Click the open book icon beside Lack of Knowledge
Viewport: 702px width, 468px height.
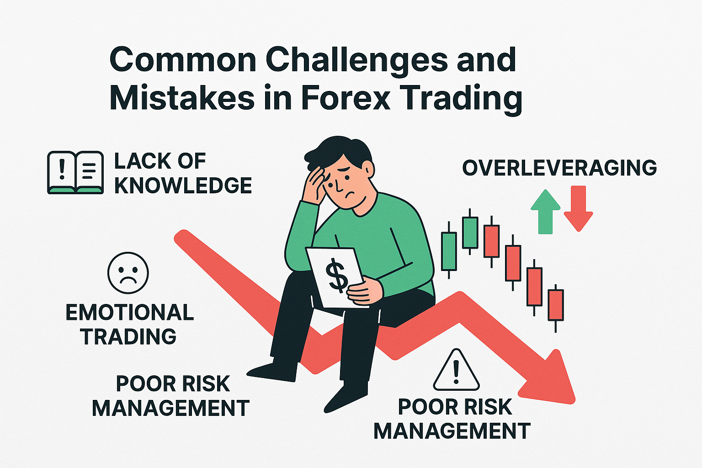coord(75,172)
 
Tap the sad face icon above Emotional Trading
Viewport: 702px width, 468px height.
coord(128,273)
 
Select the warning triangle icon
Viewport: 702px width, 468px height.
coord(456,371)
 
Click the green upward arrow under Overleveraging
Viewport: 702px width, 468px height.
coord(545,211)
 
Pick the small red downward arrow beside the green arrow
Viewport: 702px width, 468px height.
coord(578,208)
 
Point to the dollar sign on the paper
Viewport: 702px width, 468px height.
coord(337,275)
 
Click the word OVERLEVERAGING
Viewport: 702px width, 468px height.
coord(559,168)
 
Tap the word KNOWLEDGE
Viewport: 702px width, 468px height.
coord(183,186)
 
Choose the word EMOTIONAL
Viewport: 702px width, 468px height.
coord(130,313)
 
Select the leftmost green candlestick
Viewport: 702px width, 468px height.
coord(449,251)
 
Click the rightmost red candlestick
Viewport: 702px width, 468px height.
coord(556,305)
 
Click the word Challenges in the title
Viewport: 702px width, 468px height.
coord(357,60)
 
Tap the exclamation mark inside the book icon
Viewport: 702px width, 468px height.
coord(63,169)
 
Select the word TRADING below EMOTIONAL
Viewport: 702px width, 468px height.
coord(128,336)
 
